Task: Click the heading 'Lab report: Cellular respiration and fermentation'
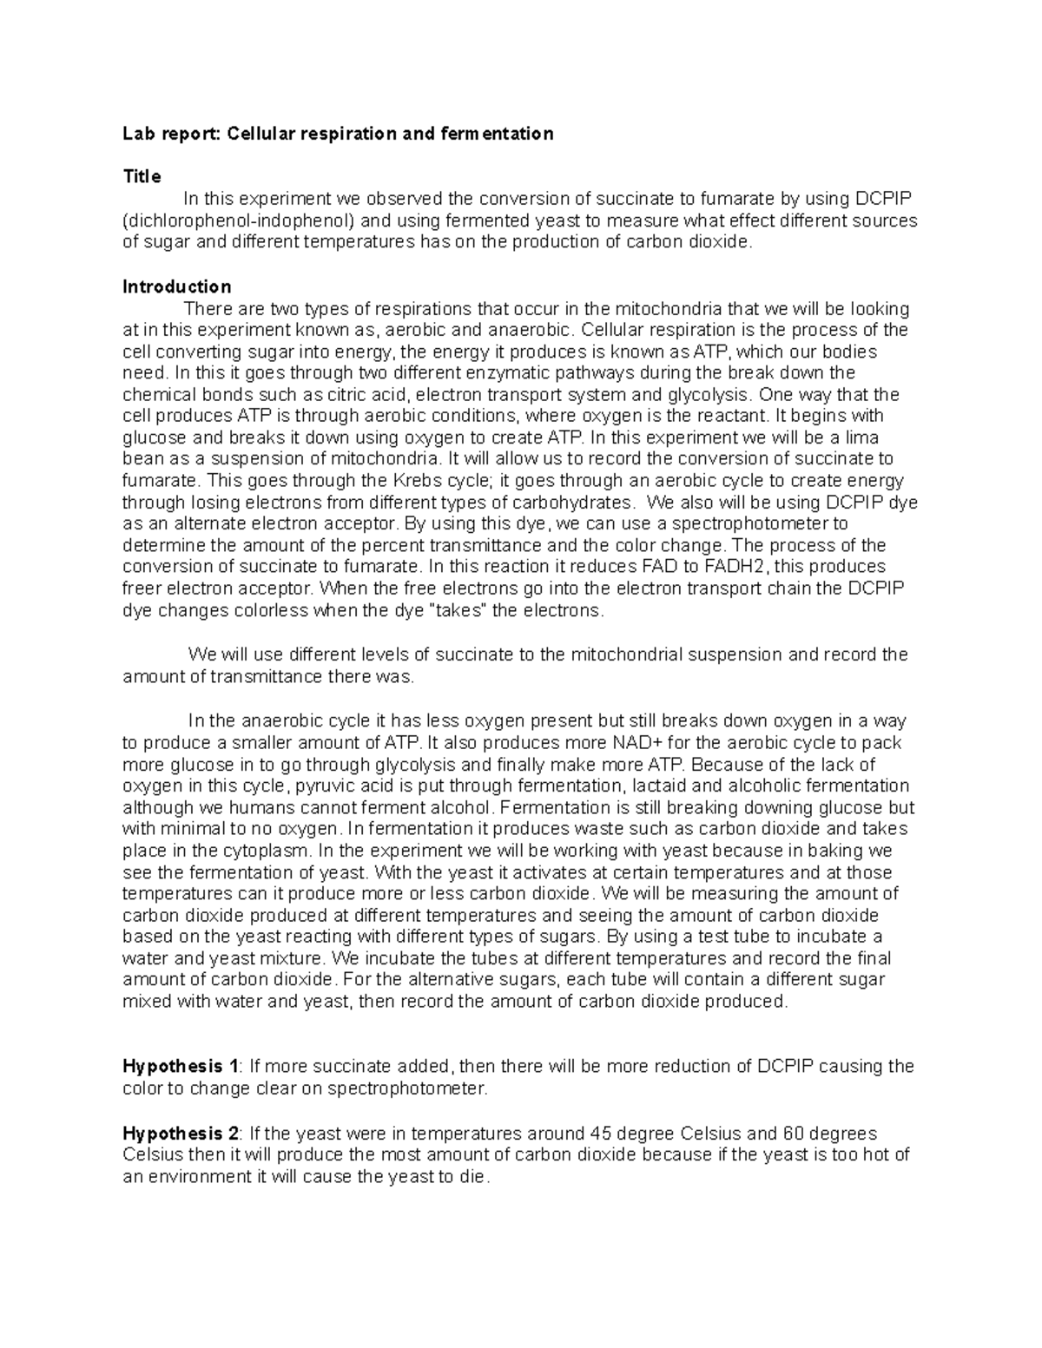pyautogui.click(x=338, y=134)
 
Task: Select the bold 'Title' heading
pyautogui.click(x=142, y=177)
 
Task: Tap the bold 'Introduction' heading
pyautogui.click(x=177, y=286)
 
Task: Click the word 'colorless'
pyautogui.click(x=267, y=610)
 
